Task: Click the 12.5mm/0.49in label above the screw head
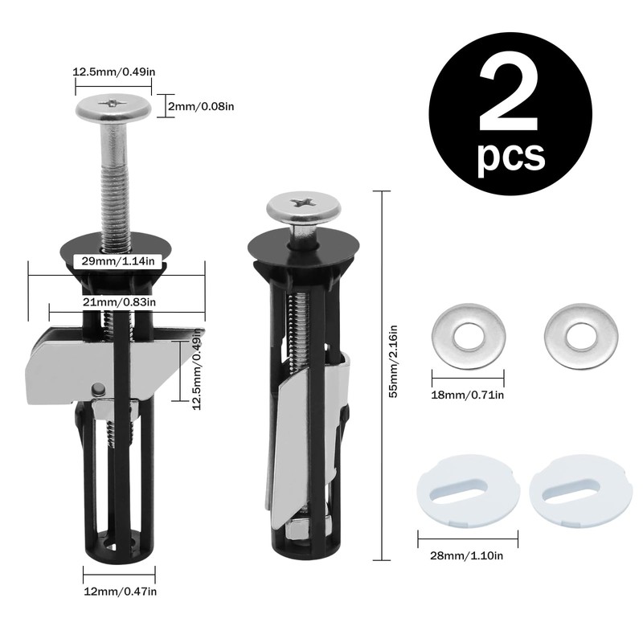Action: tap(114, 72)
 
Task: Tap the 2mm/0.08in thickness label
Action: tap(201, 106)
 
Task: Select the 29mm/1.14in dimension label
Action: tap(118, 260)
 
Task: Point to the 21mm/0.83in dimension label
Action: tap(119, 302)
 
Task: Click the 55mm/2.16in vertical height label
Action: tap(393, 361)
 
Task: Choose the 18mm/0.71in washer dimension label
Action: tap(468, 395)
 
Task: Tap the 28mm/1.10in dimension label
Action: tap(467, 555)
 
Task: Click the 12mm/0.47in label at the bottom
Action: tap(120, 592)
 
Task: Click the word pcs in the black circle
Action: tap(511, 156)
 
